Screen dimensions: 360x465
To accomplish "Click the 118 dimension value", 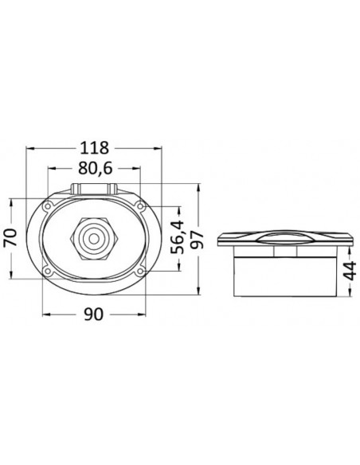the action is pyautogui.click(x=95, y=148).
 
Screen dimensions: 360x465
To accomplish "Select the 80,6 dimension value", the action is pyautogui.click(x=96, y=169).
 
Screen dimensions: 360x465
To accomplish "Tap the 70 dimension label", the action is pyautogui.click(x=12, y=237).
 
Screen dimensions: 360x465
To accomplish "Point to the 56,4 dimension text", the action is pyautogui.click(x=178, y=237).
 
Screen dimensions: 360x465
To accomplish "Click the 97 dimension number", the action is pyautogui.click(x=198, y=240).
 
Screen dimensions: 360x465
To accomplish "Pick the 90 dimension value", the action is pyautogui.click(x=94, y=315).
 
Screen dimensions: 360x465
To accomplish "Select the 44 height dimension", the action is pyautogui.click(x=350, y=271).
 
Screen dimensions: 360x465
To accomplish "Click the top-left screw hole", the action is pyautogui.click(x=47, y=205).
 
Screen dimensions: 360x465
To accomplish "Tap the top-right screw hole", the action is pyautogui.click(x=140, y=205).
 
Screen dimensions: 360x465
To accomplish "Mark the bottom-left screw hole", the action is pyautogui.click(x=47, y=271).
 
